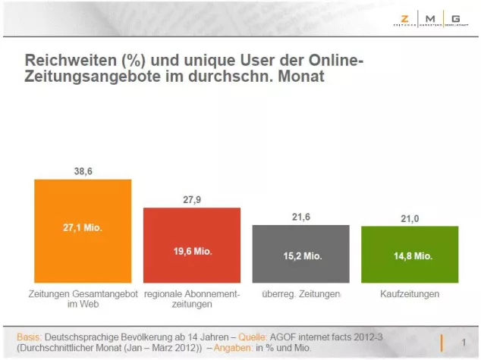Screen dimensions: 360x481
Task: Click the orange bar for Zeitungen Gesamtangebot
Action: pyautogui.click(x=83, y=231)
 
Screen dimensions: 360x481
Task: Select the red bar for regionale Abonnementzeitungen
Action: pyautogui.click(x=192, y=246)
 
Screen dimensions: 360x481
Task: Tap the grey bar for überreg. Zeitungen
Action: pyautogui.click(x=301, y=254)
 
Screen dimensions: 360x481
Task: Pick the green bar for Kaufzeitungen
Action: pyautogui.click(x=410, y=255)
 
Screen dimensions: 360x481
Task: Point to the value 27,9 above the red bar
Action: pyautogui.click(x=192, y=200)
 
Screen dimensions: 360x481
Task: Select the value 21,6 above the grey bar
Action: pyautogui.click(x=301, y=218)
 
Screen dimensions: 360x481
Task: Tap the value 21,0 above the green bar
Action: pyautogui.click(x=410, y=219)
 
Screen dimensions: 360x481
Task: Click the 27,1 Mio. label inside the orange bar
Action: pyautogui.click(x=83, y=225)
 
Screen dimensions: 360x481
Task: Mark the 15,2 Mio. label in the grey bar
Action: pyautogui.click(x=301, y=255)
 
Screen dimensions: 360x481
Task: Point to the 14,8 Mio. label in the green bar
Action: pyautogui.click(x=410, y=255)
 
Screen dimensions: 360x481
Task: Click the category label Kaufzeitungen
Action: pyautogui.click(x=410, y=293)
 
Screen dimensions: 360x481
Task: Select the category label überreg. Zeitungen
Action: pyautogui.click(x=301, y=293)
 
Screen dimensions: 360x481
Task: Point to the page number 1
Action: pyautogui.click(x=463, y=341)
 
